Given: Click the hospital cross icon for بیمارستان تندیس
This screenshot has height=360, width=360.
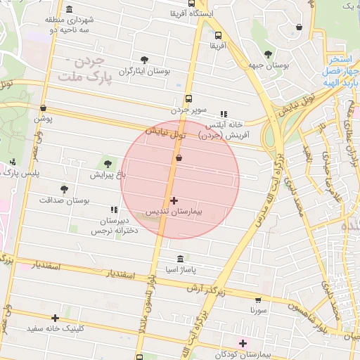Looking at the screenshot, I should [174, 201].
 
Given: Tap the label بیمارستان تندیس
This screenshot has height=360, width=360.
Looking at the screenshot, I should [174, 211].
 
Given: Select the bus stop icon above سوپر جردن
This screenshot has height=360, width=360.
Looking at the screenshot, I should [188, 99].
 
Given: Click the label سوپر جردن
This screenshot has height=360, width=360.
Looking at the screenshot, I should [188, 110].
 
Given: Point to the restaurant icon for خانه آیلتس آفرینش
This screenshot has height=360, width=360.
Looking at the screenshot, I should [224, 113].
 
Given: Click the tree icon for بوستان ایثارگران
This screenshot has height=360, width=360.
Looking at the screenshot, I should [145, 60].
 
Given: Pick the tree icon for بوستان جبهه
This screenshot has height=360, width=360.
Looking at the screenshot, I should [267, 54].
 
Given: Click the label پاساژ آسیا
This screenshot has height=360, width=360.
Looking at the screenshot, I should [181, 269].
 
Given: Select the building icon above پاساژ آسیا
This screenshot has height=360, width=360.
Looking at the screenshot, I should [181, 259].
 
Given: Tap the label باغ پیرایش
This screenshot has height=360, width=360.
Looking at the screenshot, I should [108, 174].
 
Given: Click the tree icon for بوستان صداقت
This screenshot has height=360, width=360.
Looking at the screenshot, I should [64, 189].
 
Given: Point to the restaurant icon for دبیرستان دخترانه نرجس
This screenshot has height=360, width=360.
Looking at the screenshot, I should [114, 210].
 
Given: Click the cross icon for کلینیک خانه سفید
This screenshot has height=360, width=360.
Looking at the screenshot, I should [55, 318].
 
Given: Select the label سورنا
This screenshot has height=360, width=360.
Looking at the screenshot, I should [258, 309].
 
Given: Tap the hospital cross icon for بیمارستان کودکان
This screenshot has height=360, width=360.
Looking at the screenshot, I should [243, 343].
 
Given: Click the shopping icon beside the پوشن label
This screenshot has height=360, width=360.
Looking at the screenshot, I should [44, 108].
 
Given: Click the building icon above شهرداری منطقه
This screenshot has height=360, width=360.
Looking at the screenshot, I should [69, 9].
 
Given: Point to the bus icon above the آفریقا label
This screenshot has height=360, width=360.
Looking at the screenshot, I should [217, 34].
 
